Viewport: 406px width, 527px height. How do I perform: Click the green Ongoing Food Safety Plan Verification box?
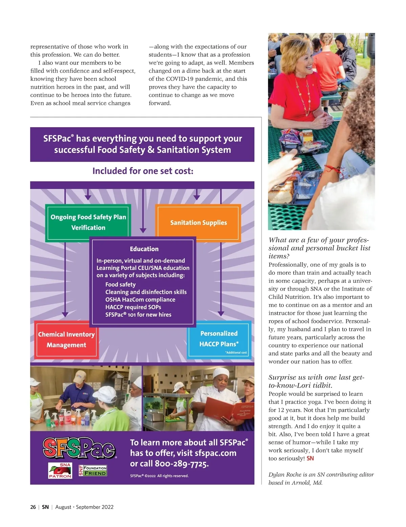tap(88, 222)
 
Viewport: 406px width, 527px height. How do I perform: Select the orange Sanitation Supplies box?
tap(198, 223)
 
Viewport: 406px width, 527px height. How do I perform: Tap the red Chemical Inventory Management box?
tap(66, 340)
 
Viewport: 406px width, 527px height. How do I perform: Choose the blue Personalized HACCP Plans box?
tap(219, 339)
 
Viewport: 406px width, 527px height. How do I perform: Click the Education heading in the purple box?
tap(144, 249)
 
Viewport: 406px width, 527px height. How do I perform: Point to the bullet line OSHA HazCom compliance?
tap(140, 300)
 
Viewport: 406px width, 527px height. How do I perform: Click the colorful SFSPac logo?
tap(79, 448)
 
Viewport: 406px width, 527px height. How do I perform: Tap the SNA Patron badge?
tap(60, 471)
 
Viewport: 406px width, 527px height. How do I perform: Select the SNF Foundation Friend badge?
tap(93, 471)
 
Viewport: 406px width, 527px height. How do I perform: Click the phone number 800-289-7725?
tap(182, 464)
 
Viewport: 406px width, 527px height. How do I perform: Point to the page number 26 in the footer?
tap(33, 507)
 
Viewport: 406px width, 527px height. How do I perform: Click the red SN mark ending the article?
tap(310, 459)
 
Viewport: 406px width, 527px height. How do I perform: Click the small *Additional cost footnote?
tap(236, 352)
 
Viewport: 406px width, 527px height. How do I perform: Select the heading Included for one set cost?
tap(143, 171)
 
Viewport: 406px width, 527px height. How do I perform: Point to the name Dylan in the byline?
tap(277, 475)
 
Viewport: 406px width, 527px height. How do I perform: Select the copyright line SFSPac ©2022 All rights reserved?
tap(159, 476)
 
